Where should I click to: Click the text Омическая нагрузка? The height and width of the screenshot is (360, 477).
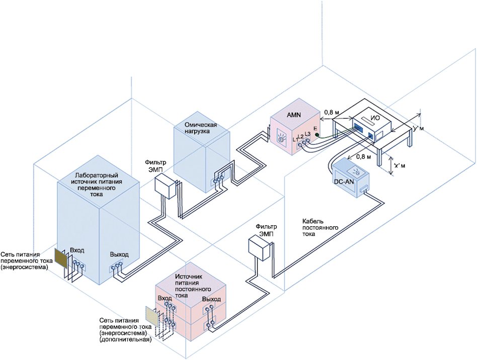[200, 129]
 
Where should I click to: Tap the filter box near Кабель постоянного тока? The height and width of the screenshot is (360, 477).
[260, 248]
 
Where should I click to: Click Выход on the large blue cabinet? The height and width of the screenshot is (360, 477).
[119, 254]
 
